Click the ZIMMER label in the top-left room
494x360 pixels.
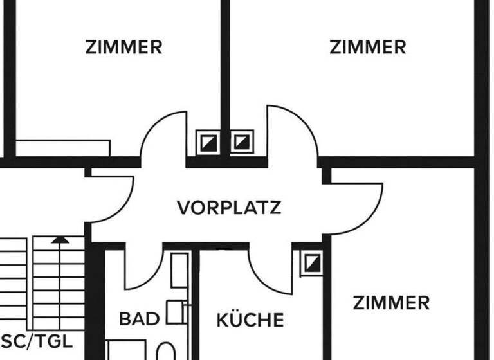[x=123, y=47]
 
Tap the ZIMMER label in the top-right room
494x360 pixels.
[x=368, y=47]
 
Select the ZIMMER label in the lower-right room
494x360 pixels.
[x=391, y=302]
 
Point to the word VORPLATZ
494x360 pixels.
[x=229, y=208]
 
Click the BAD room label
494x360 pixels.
[x=139, y=319]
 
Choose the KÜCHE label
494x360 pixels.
[x=250, y=319]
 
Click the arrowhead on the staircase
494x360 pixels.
[x=60, y=240]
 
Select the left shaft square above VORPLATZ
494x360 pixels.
[x=208, y=141]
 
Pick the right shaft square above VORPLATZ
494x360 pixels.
[x=242, y=141]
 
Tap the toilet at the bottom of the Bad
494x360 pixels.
[x=166, y=351]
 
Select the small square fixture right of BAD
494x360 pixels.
[x=174, y=312]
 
